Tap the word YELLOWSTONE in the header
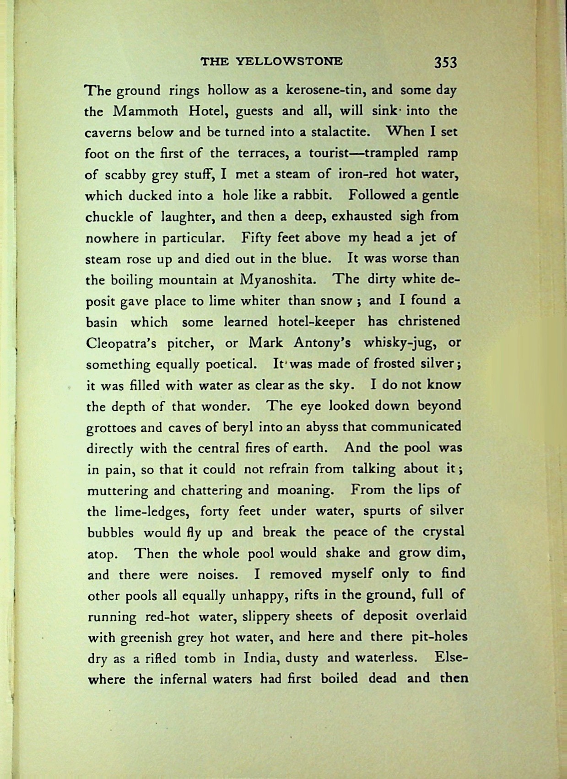pos(291,61)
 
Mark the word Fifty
pos(257,238)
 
